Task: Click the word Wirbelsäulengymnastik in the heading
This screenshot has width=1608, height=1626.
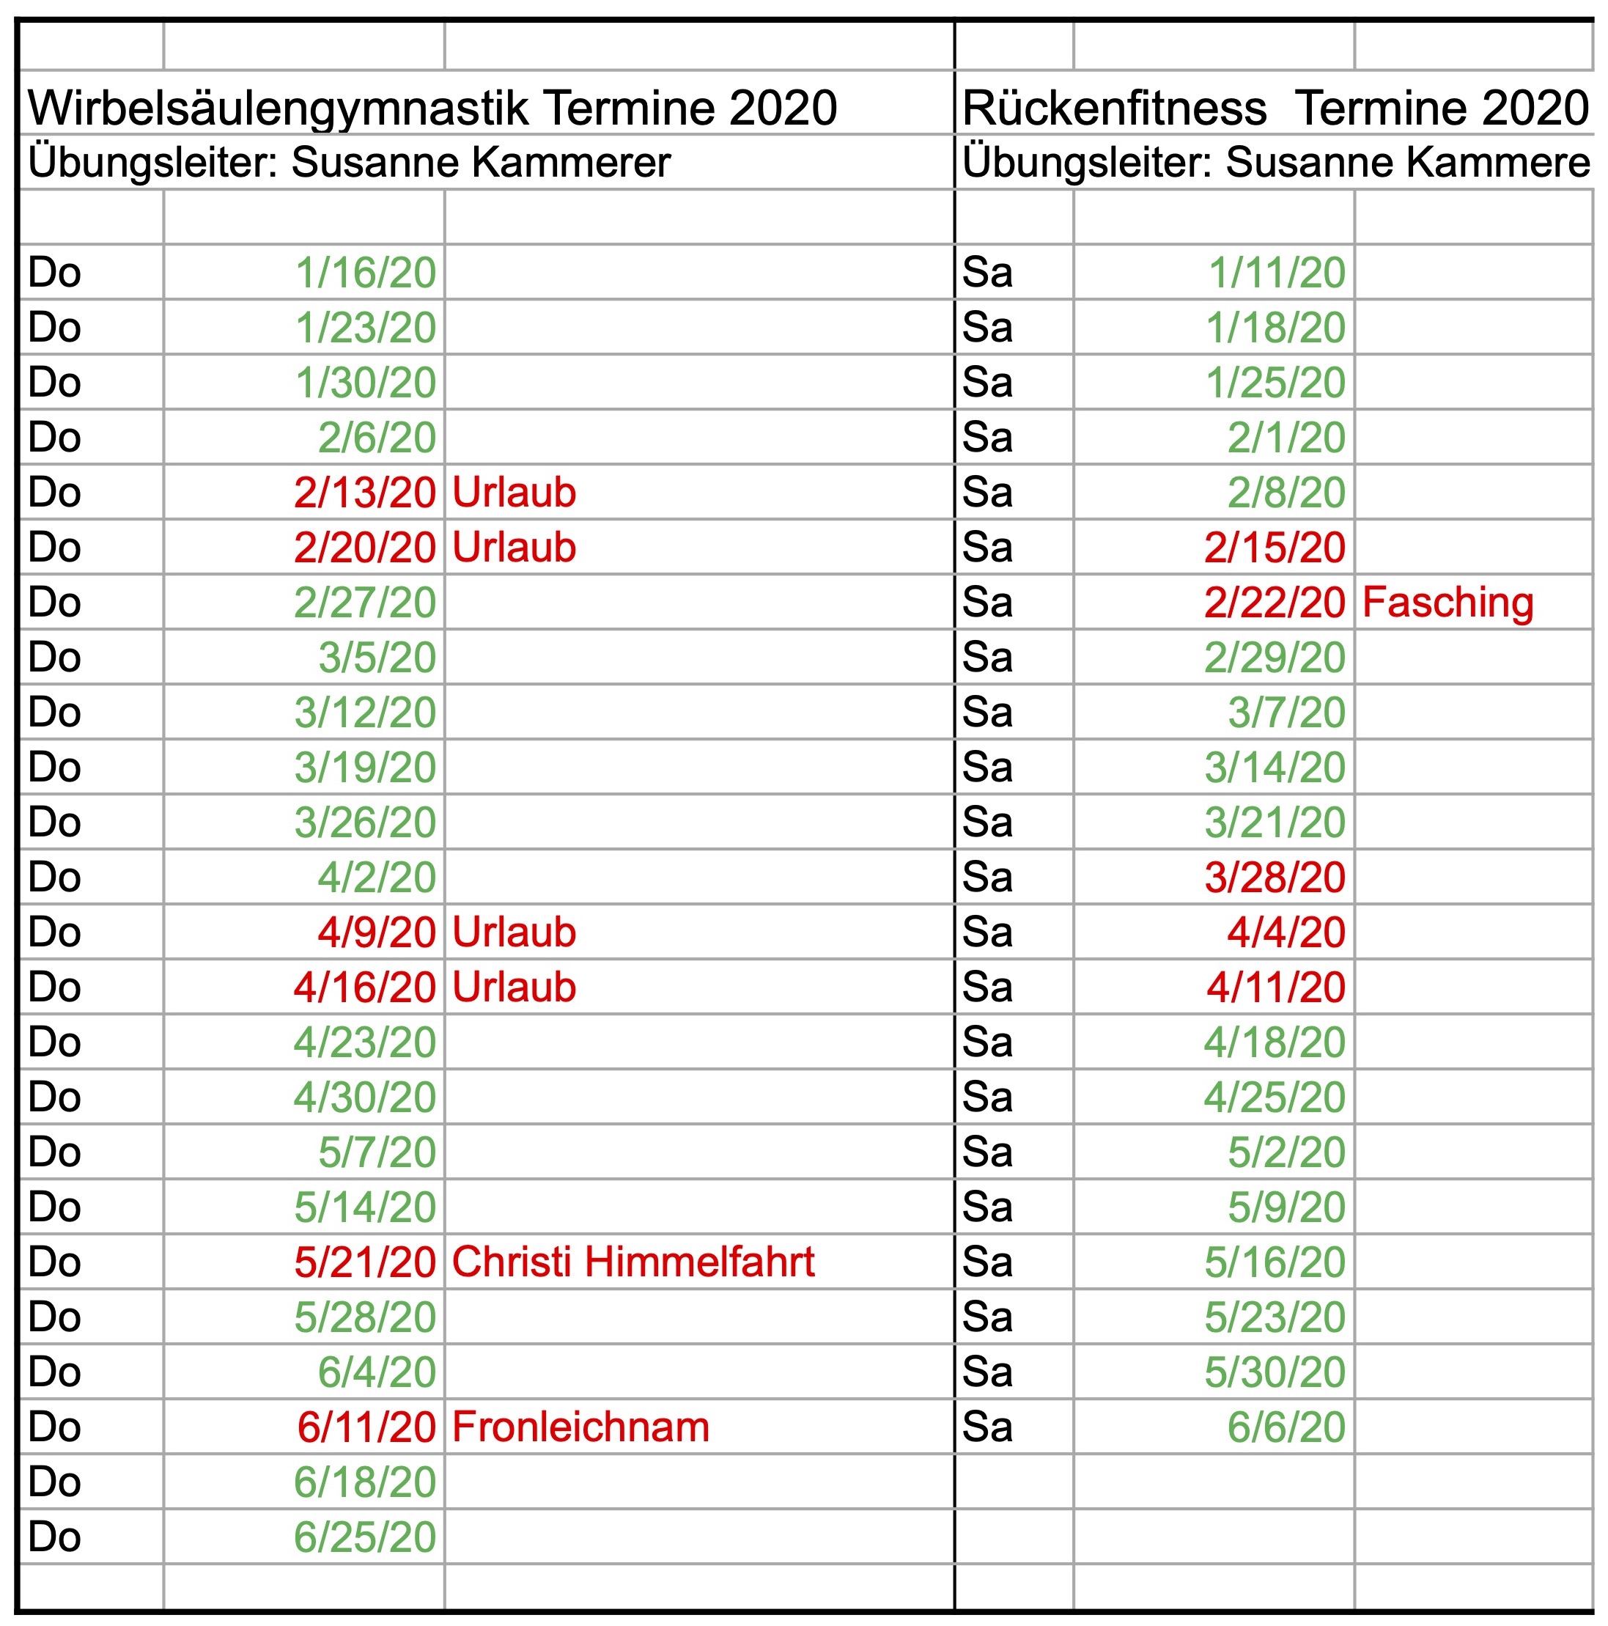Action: click(279, 109)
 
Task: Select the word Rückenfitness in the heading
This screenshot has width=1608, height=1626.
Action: click(1114, 109)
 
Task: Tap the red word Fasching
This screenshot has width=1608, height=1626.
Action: click(1447, 603)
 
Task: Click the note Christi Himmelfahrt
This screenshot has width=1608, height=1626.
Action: click(632, 1262)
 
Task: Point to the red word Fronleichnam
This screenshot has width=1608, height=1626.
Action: click(580, 1427)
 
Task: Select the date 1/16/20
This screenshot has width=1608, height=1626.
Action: click(365, 273)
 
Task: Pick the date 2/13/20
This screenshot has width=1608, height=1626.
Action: click(364, 493)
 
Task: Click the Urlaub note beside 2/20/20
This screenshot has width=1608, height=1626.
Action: click(514, 548)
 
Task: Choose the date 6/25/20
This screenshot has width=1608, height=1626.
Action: click(364, 1537)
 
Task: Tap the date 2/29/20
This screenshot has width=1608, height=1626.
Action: click(1274, 658)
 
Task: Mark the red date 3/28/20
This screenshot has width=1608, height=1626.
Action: click(1274, 878)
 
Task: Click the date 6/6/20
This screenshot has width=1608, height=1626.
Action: click(1286, 1427)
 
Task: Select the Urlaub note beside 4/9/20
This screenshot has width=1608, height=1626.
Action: click(514, 932)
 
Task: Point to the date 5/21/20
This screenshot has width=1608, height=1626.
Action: click(364, 1262)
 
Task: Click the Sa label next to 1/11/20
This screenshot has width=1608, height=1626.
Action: click(987, 273)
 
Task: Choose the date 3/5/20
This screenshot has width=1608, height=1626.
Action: click(377, 658)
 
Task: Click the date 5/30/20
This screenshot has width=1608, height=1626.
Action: click(1274, 1372)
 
